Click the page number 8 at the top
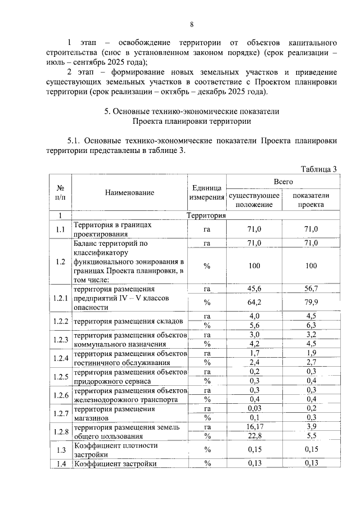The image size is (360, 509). [191, 24]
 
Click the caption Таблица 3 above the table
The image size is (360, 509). [318, 169]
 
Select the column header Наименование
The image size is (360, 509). [129, 192]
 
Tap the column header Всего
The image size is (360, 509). [283, 182]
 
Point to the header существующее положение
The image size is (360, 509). [254, 200]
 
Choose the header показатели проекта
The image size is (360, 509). [311, 200]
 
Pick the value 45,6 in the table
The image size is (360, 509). [254, 288]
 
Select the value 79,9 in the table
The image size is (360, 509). [311, 303]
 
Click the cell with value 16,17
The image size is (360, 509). [254, 427]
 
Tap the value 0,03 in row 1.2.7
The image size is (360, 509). [254, 408]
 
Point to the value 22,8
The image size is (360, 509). [254, 436]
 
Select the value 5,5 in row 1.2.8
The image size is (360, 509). [311, 436]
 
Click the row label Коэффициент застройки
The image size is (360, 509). [115, 463]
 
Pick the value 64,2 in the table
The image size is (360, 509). [254, 303]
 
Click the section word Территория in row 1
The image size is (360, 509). [206, 215]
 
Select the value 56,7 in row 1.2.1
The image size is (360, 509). [311, 288]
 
